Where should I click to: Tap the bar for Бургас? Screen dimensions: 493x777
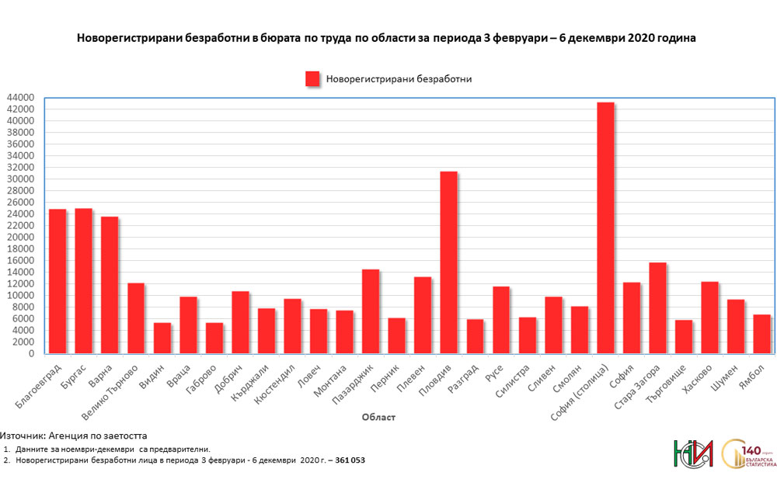pos(83,281)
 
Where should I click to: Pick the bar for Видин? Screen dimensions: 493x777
pos(162,338)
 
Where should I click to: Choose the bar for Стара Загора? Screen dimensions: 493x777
pos(657,308)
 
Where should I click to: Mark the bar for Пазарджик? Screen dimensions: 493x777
pos(370,311)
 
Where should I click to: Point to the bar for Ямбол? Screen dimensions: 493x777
pos(761,334)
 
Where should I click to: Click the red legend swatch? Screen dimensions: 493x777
pos(312,79)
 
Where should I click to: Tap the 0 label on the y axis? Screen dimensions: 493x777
pos(30,354)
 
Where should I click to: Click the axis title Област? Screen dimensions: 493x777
pos(378,418)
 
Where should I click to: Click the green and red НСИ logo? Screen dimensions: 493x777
pos(693,454)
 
